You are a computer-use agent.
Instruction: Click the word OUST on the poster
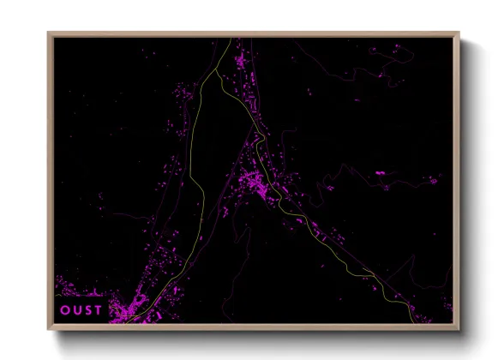(81, 309)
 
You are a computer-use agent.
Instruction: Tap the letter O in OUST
(65, 309)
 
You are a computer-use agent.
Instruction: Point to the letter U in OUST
(76, 309)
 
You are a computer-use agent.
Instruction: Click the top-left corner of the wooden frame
(49, 33)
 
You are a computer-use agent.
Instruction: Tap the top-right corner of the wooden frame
(459, 33)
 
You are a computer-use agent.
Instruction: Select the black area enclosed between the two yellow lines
(219, 129)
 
